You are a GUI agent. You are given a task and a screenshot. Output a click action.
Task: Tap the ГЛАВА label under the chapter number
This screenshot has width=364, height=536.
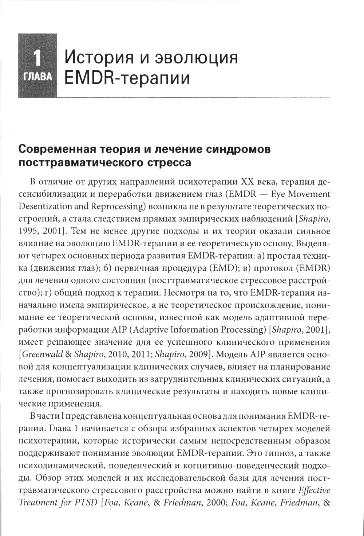(x=37, y=77)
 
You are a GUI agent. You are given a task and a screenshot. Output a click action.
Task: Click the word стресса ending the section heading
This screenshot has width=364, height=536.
(x=170, y=163)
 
